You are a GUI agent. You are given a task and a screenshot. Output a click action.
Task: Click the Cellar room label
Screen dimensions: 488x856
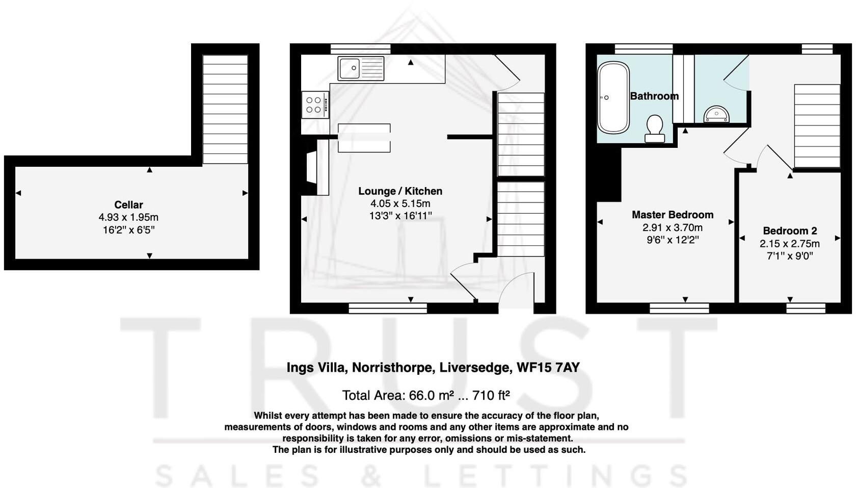[128, 204]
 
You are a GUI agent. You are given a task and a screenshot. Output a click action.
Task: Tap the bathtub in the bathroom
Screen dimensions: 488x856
[613, 97]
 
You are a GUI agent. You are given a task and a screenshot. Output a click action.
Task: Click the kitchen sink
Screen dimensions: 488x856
[361, 68]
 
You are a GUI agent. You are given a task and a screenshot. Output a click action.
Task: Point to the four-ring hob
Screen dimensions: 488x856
[315, 105]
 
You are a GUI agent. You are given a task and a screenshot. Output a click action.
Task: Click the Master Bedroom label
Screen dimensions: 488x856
[672, 215]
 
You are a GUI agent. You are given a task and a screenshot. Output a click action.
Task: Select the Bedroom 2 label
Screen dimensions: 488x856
[790, 230]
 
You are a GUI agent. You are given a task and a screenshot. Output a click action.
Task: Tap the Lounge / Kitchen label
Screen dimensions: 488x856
[400, 191]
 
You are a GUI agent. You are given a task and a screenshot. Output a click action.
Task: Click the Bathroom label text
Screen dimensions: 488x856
[654, 96]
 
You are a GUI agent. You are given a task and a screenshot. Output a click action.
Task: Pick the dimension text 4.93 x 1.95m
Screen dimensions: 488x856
[128, 217]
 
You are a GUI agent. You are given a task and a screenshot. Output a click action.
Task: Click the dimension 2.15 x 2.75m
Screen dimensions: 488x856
[790, 244]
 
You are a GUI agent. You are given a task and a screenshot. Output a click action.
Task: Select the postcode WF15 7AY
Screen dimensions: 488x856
[548, 368]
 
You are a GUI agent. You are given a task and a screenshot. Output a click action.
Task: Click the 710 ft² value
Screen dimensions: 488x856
[491, 395]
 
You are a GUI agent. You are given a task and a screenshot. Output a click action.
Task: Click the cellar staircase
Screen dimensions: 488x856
[225, 109]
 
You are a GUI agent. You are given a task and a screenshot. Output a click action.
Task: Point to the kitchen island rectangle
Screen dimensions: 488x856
[364, 138]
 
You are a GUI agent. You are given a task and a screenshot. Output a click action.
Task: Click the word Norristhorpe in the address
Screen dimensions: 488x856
[392, 368]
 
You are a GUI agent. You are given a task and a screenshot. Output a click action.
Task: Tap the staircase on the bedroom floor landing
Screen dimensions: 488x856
[817, 126]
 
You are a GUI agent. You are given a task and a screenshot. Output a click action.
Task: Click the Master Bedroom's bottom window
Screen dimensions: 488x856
[679, 308]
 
